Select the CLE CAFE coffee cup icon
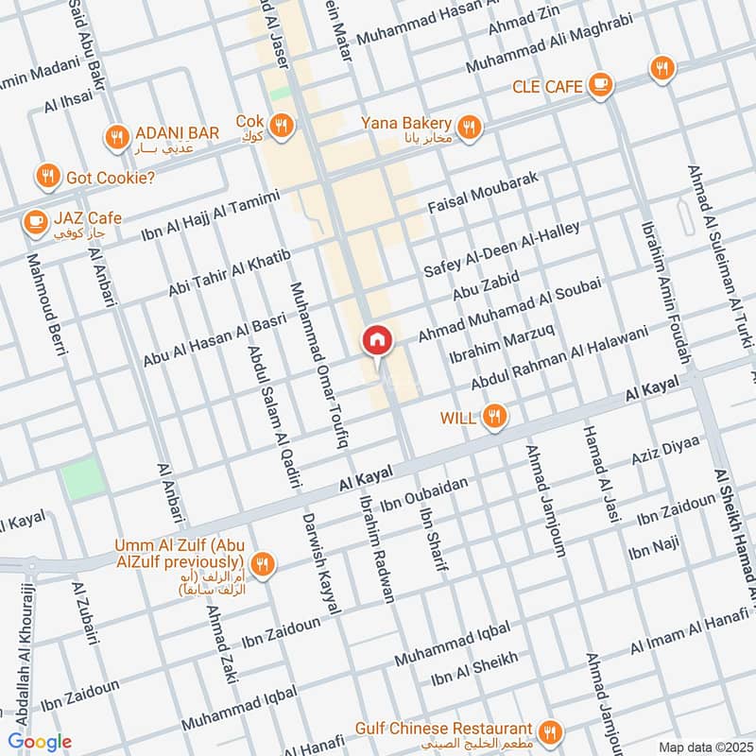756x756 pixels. (597, 86)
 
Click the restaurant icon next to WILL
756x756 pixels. (493, 416)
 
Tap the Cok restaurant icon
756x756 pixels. (281, 125)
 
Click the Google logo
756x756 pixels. (40, 741)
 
